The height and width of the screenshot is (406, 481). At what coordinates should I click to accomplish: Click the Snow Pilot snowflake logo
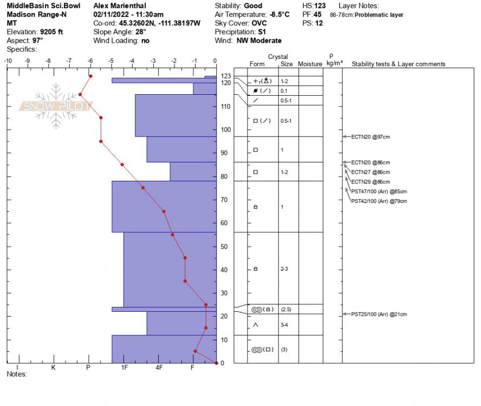(x=56, y=106)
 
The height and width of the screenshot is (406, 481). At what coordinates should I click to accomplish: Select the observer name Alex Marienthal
(x=120, y=6)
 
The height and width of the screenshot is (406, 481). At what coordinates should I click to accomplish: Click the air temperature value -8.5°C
(x=279, y=15)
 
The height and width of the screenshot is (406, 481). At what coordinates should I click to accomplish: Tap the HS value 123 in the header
(x=320, y=6)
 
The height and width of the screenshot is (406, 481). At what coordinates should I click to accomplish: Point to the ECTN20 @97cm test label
(x=370, y=137)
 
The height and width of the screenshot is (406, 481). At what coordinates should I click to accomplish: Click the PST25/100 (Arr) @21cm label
(x=379, y=314)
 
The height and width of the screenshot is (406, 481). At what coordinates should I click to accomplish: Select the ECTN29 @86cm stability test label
(x=370, y=181)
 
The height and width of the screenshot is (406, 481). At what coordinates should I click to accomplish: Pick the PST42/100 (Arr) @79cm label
(x=379, y=201)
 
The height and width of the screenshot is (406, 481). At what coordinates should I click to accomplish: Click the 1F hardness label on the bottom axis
(x=124, y=368)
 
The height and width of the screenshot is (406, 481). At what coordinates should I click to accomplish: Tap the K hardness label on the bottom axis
(x=54, y=368)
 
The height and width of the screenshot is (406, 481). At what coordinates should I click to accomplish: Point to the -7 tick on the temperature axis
(x=69, y=61)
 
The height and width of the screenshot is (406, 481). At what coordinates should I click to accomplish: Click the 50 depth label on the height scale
(x=224, y=246)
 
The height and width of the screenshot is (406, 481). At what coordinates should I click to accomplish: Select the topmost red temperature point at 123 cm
(x=90, y=76)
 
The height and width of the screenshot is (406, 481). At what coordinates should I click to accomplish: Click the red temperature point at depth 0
(x=216, y=363)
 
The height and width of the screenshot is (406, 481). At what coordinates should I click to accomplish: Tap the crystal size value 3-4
(x=284, y=325)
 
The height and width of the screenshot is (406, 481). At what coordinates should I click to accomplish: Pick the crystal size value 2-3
(x=284, y=269)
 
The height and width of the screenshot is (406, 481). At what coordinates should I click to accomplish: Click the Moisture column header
(x=310, y=64)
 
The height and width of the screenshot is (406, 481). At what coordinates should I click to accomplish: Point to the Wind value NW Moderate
(x=259, y=41)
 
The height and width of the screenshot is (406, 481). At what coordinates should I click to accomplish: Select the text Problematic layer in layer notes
(x=379, y=15)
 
